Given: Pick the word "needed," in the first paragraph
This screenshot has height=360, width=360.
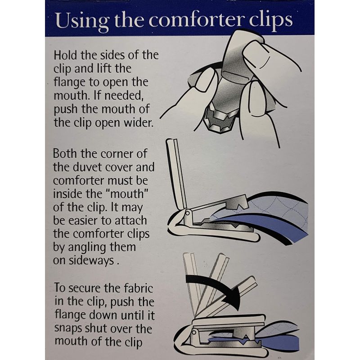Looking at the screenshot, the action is point(124,96).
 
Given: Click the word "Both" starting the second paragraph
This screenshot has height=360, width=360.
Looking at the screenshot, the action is point(65,153).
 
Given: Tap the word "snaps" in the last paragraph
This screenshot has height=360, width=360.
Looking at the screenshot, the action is point(68,329).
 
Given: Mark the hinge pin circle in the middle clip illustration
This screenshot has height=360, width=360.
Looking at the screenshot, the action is point(188,213).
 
